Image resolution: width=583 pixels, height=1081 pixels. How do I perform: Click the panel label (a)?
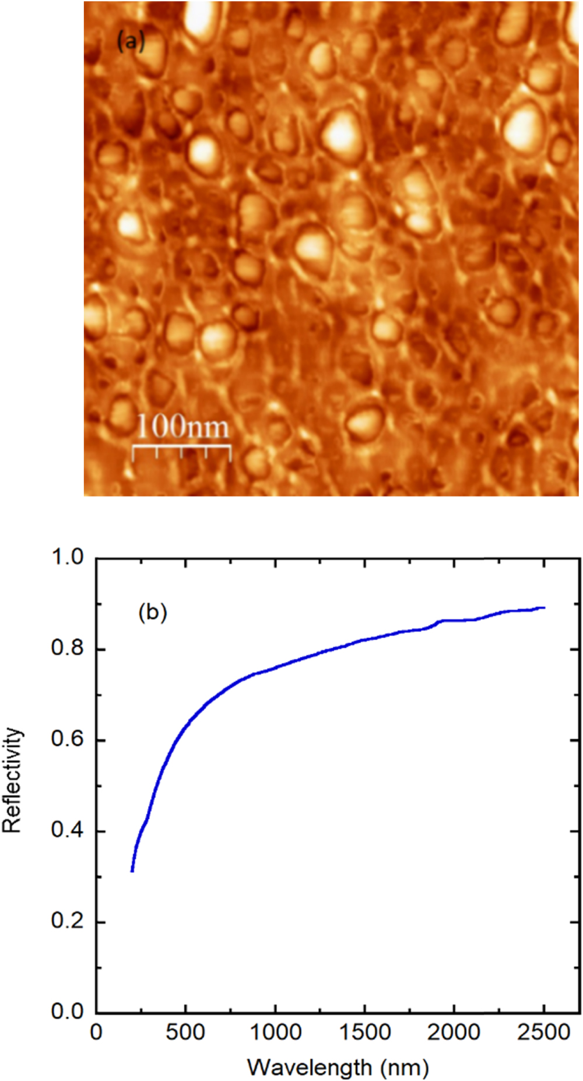click(x=130, y=41)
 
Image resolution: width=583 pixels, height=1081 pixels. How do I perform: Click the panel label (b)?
click(x=153, y=612)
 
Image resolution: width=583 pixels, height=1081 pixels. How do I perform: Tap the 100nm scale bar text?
click(x=182, y=427)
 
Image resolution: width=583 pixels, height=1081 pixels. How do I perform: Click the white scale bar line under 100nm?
click(x=181, y=447)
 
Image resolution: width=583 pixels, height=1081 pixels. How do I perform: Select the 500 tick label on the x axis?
click(x=185, y=1033)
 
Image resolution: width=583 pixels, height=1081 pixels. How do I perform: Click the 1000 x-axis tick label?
click(x=275, y=1033)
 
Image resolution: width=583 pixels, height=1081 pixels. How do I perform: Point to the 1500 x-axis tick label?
click(x=364, y=1033)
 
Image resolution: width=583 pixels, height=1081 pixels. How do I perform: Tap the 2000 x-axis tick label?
click(x=454, y=1033)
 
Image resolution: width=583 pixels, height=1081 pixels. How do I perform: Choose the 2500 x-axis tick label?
click(x=543, y=1033)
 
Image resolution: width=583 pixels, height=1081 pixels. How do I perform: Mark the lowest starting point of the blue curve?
click(x=132, y=871)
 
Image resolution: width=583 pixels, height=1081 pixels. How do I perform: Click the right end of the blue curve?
click(x=544, y=608)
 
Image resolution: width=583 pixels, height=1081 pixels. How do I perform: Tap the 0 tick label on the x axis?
click(x=96, y=1033)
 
